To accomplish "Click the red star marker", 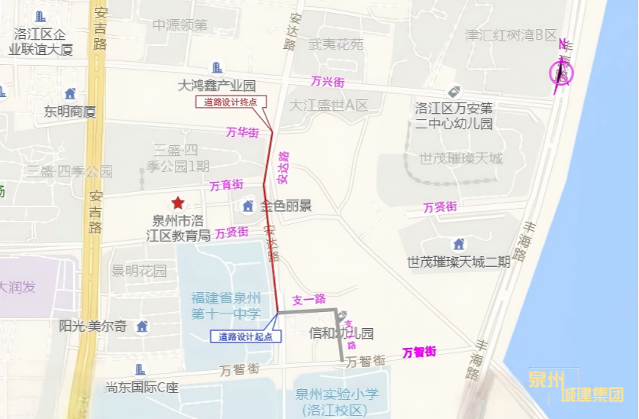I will pos(178,203).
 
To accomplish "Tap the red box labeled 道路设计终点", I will pos(231,102).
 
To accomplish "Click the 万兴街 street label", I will pos(328,81).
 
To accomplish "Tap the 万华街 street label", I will pos(243,132).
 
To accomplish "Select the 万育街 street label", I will pos(227,185).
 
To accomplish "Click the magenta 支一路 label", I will pos(308,299).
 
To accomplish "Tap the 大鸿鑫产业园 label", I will pos(217,85).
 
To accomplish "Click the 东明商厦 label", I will pos(69,112).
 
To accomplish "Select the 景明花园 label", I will pos(139,271).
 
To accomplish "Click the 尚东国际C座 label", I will pos(142,387).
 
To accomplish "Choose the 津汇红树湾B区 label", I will pos(511,35).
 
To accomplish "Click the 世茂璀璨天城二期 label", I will pos(459,261).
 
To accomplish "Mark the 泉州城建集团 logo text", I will pos(576,387).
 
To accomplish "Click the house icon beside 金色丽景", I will pos(247,206).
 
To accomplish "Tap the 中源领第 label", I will pos(179,25).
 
